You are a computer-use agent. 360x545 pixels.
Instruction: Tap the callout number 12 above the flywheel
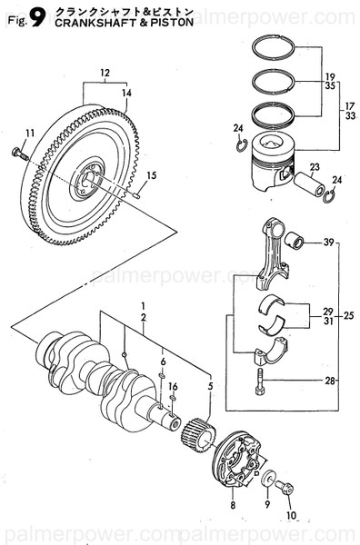[105, 73]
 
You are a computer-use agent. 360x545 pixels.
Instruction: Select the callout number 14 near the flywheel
[126, 93]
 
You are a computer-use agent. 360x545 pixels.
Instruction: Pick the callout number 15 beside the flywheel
[153, 175]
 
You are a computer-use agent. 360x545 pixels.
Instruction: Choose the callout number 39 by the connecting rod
[329, 243]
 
